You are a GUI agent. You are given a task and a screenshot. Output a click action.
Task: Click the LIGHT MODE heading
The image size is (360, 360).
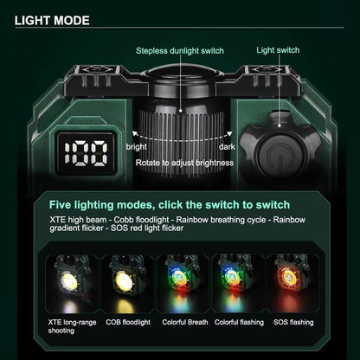tap(52, 21)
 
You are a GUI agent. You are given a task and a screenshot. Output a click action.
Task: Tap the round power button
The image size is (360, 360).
tap(280, 157)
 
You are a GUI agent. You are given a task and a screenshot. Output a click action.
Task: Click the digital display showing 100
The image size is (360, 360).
tap(87, 153)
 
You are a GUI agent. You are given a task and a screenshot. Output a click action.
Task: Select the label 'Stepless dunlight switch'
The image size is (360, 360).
tap(180, 51)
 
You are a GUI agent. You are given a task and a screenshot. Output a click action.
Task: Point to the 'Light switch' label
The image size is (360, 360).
tap(278, 50)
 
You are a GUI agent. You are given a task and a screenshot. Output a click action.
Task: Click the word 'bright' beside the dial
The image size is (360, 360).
tap(137, 147)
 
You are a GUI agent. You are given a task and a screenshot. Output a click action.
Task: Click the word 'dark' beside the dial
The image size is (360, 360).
tap(227, 147)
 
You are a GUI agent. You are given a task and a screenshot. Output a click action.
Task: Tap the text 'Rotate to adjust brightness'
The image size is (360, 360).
tap(184, 163)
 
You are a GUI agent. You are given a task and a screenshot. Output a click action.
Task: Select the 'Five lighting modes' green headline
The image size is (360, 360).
tap(170, 205)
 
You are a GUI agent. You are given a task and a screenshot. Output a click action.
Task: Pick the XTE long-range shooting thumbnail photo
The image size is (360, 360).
tap(71, 284)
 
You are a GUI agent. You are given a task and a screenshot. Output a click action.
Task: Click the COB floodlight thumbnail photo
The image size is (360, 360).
tap(127, 284)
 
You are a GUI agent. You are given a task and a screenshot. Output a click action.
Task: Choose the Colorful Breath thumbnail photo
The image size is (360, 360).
tap(183, 284)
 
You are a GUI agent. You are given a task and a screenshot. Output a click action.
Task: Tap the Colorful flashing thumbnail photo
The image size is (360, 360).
tap(238, 284)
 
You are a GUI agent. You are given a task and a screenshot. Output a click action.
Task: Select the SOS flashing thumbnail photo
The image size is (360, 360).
tap(293, 284)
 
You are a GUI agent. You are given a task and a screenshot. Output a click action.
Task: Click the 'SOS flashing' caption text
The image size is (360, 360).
tap(293, 322)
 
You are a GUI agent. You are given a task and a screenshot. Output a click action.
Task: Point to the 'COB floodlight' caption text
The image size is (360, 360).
tap(128, 322)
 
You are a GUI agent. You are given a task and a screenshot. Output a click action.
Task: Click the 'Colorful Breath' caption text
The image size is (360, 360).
tap(185, 322)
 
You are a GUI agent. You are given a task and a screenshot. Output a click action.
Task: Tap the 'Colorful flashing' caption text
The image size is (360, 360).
tap(239, 322)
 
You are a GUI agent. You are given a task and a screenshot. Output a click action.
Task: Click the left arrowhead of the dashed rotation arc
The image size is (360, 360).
tap(134, 133)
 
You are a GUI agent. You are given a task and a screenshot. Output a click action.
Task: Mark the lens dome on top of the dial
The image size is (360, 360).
tap(183, 71)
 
